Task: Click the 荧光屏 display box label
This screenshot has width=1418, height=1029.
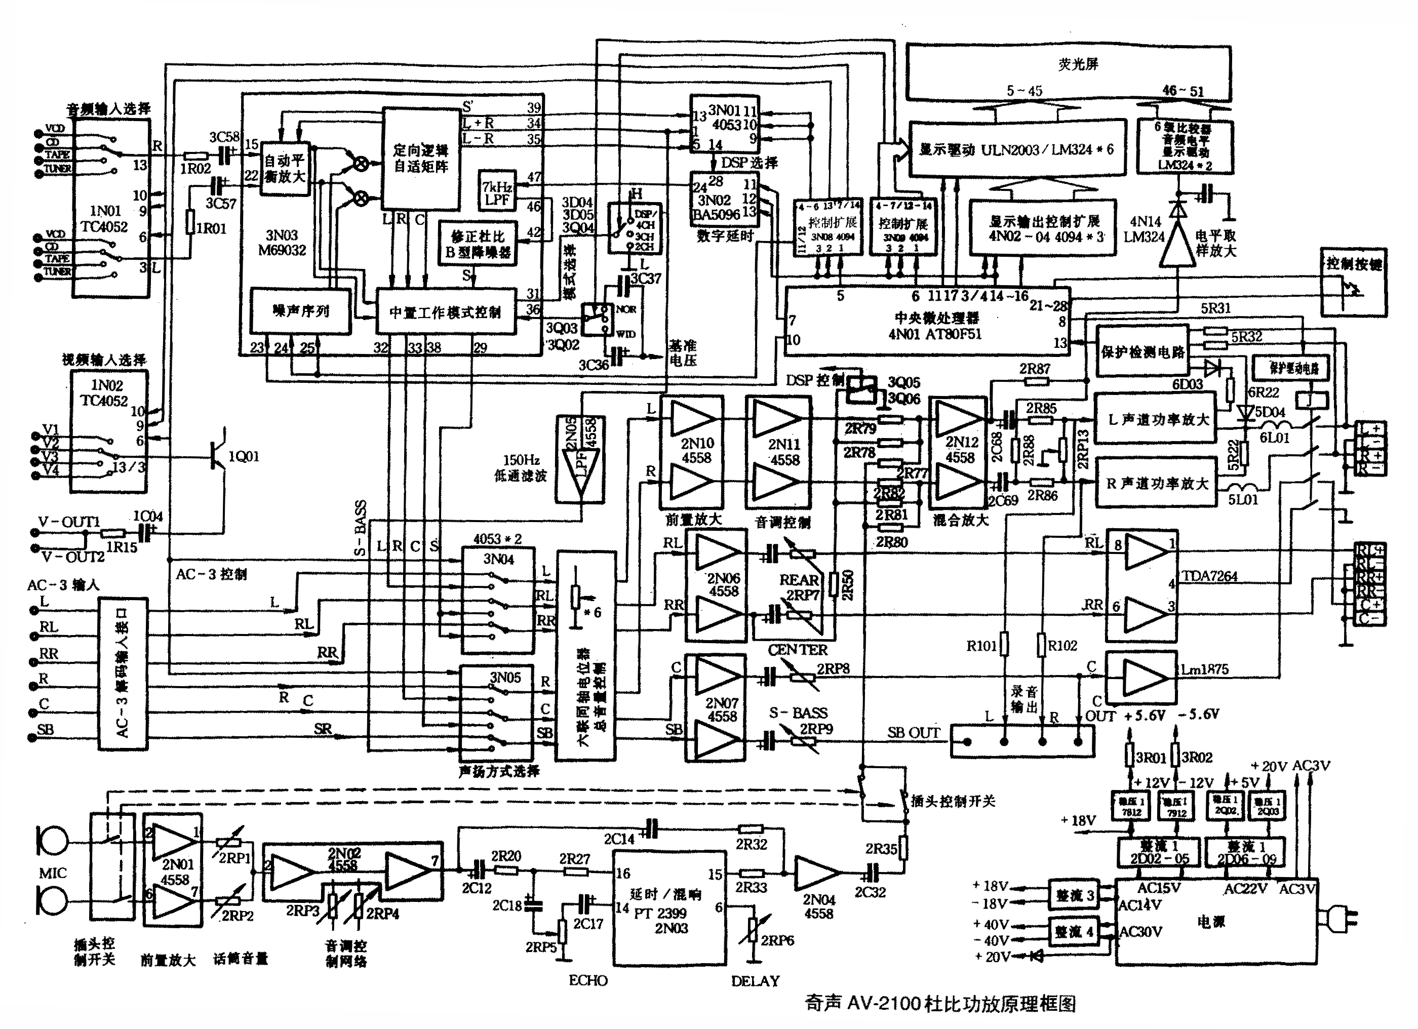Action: pyautogui.click(x=1078, y=64)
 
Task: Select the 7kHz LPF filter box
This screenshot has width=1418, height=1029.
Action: pyautogui.click(x=497, y=193)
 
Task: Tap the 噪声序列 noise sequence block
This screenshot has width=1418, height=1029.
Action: pyautogui.click(x=301, y=311)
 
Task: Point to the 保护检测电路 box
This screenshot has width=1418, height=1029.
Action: pyautogui.click(x=1143, y=351)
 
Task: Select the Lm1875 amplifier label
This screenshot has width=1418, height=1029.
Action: pyautogui.click(x=1204, y=669)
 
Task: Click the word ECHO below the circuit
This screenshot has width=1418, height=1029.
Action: pyautogui.click(x=587, y=980)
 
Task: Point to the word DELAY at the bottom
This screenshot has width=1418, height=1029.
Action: pyautogui.click(x=755, y=981)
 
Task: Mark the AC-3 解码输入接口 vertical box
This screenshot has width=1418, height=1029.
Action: pyautogui.click(x=123, y=674)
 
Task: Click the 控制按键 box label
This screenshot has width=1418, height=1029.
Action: pyautogui.click(x=1354, y=264)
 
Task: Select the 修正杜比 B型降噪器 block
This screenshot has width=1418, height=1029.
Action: pyautogui.click(x=478, y=244)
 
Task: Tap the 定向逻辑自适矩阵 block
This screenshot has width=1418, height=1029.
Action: pyautogui.click(x=420, y=158)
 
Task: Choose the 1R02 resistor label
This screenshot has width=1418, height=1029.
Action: pyautogui.click(x=195, y=168)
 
